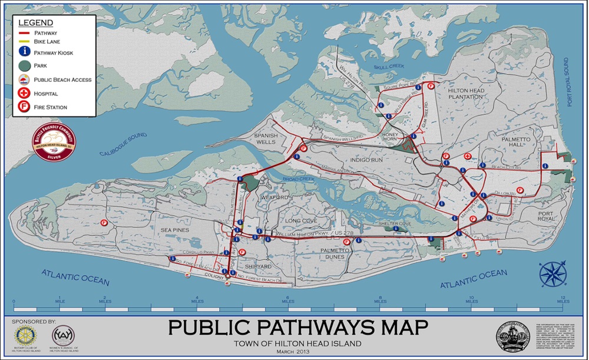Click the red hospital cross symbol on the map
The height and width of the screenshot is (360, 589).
[x=467, y=156]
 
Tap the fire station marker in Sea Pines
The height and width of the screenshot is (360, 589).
[x=104, y=223]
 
